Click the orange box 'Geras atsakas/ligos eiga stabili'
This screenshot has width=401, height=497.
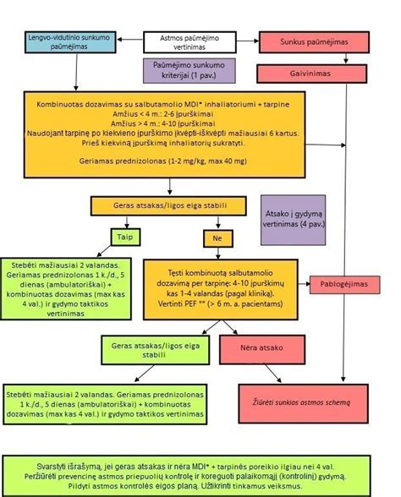point(168,205)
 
